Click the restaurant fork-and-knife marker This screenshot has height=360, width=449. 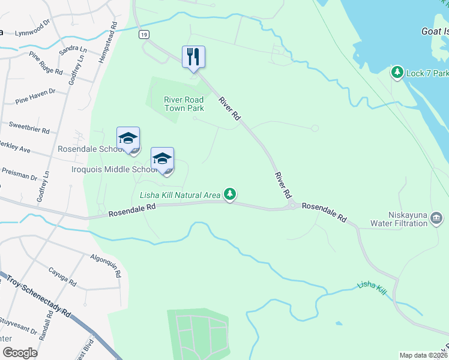click(x=193, y=57)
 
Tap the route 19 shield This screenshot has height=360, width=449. click(x=143, y=35)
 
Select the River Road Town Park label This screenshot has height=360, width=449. click(x=184, y=104)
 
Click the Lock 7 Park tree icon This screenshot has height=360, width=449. click(x=397, y=73)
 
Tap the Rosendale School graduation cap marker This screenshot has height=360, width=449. click(x=128, y=139)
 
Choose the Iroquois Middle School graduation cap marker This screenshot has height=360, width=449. click(x=162, y=159)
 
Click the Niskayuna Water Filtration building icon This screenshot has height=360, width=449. click(x=436, y=217)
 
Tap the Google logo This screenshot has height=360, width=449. click(x=20, y=353)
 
